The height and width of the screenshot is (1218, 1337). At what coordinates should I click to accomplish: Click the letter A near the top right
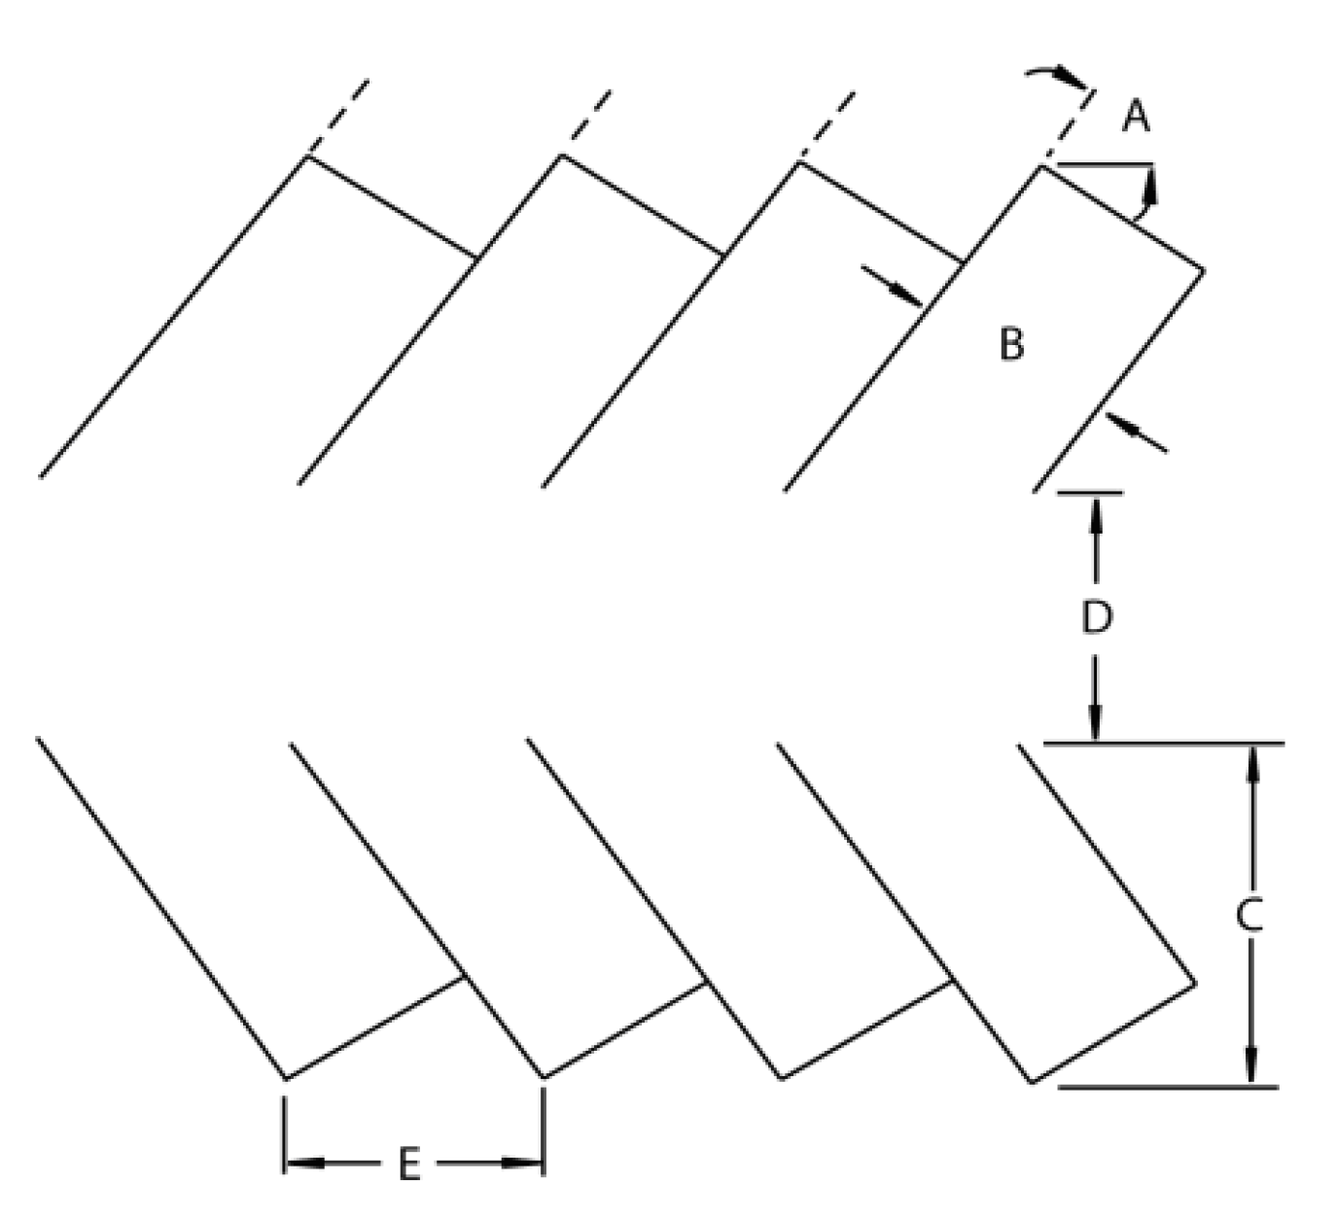pyautogui.click(x=1135, y=117)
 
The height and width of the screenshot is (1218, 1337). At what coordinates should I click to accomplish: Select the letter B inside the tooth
pyautogui.click(x=1011, y=344)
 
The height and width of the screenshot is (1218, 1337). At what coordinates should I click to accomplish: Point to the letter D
pyautogui.click(x=1096, y=617)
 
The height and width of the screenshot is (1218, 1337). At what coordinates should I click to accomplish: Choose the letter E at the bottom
pyautogui.click(x=409, y=1164)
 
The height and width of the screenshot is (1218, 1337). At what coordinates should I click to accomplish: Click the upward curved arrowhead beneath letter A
pyautogui.click(x=1149, y=188)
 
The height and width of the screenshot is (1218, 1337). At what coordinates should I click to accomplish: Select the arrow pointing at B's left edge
pyautogui.click(x=895, y=287)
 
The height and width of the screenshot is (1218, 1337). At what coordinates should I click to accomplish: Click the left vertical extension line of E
pyautogui.click(x=284, y=1132)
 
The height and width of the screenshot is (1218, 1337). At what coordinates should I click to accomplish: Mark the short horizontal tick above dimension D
pyautogui.click(x=1090, y=493)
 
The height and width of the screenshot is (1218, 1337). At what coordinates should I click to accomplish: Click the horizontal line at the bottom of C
pyautogui.click(x=1167, y=1087)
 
